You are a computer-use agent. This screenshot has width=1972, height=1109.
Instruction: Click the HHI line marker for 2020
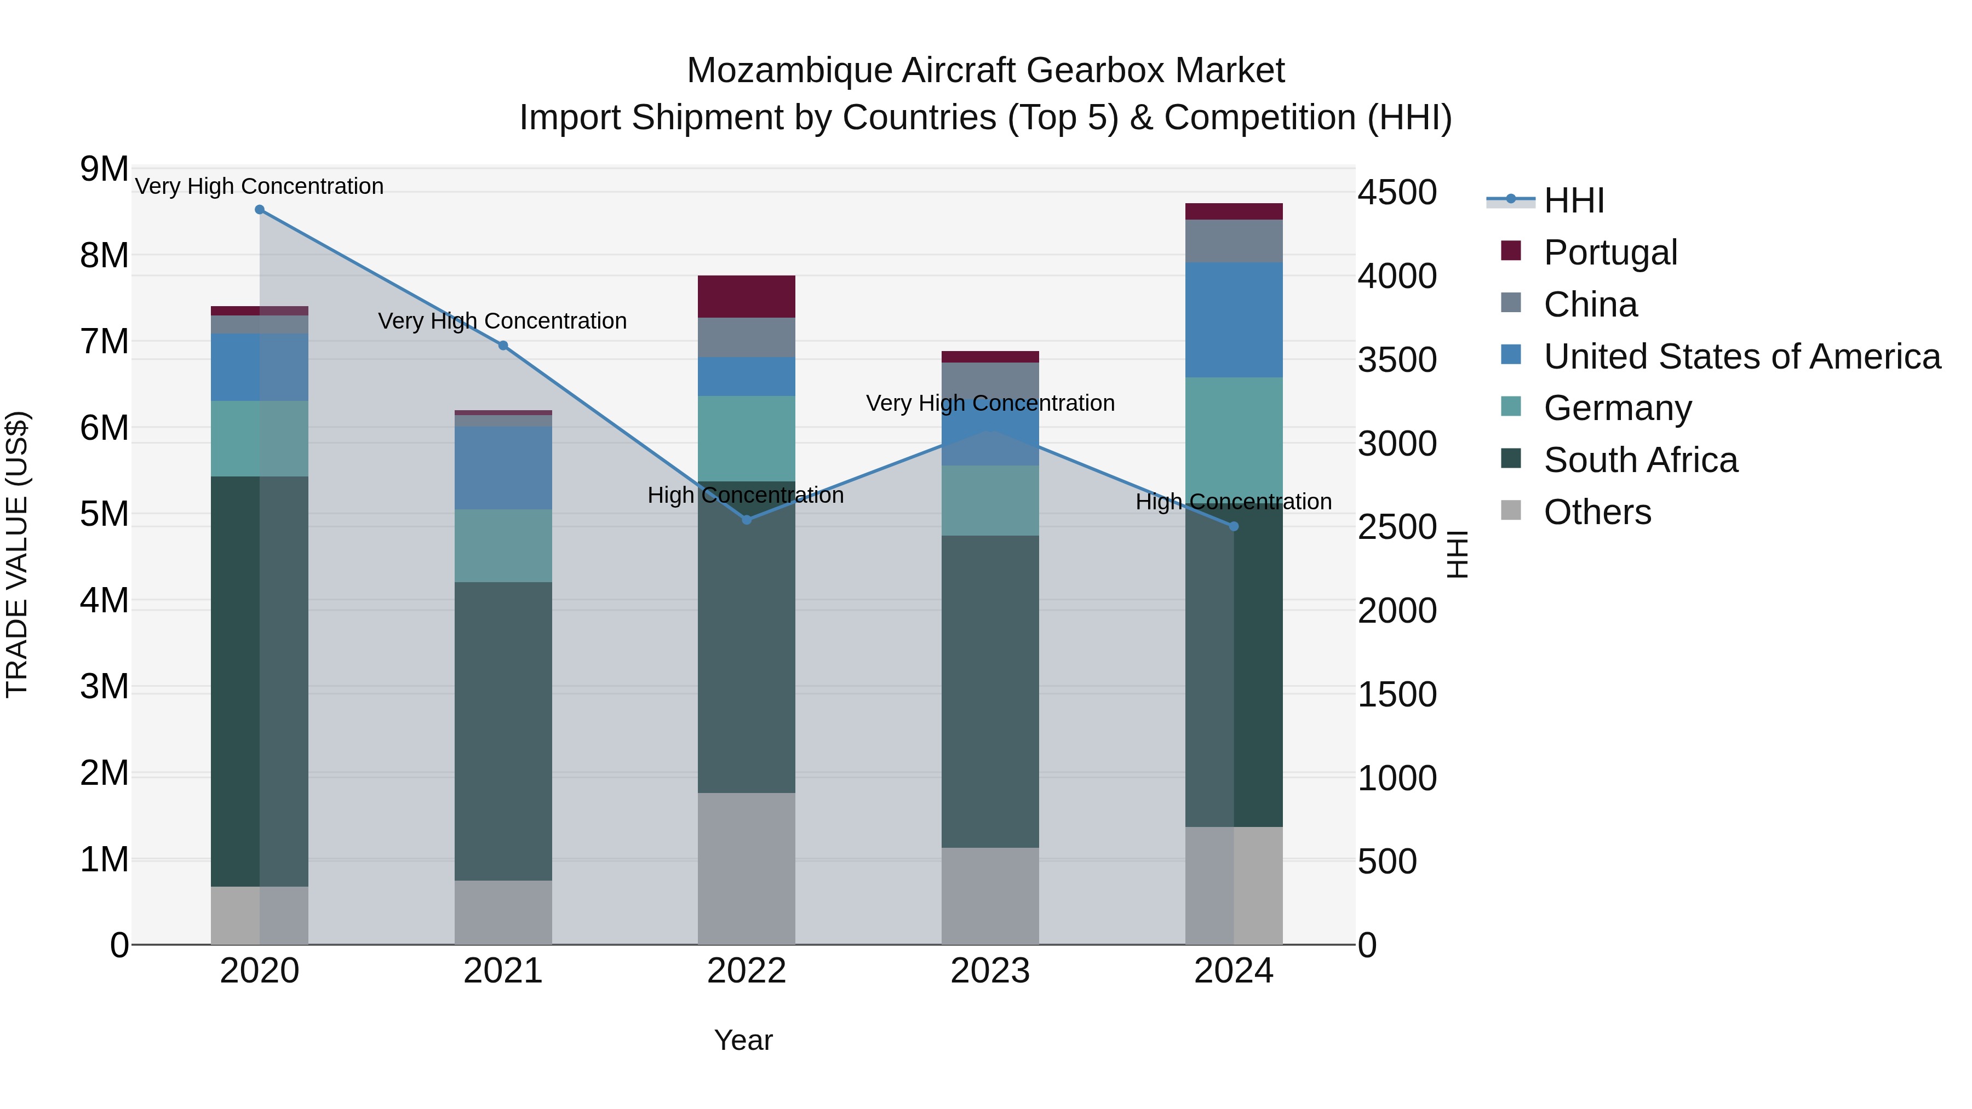pos(260,210)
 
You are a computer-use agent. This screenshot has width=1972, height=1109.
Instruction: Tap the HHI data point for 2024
pos(1233,526)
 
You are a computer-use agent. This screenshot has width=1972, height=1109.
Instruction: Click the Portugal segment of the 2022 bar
pos(747,296)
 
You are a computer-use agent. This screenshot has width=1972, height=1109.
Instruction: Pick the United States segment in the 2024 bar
pos(1233,320)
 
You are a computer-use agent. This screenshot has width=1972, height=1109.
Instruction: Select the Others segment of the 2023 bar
pos(990,895)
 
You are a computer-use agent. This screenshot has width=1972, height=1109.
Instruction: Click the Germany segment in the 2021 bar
pos(503,545)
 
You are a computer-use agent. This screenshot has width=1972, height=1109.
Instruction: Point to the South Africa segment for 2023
pos(990,691)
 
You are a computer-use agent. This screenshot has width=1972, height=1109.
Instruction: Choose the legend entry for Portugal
pos(1610,252)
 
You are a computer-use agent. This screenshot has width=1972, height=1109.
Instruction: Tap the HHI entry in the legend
pos(1573,200)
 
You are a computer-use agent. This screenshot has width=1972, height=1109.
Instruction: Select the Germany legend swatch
pos(1511,407)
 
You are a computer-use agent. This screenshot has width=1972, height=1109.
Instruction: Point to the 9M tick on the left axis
pos(104,169)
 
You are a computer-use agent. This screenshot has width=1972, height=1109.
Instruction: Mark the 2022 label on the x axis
pos(747,971)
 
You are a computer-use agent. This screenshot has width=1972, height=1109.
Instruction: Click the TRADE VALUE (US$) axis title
pos(17,554)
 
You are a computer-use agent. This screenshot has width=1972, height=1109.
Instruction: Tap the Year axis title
pos(743,1040)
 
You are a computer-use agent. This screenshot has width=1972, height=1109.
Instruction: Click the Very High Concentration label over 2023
pos(990,403)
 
